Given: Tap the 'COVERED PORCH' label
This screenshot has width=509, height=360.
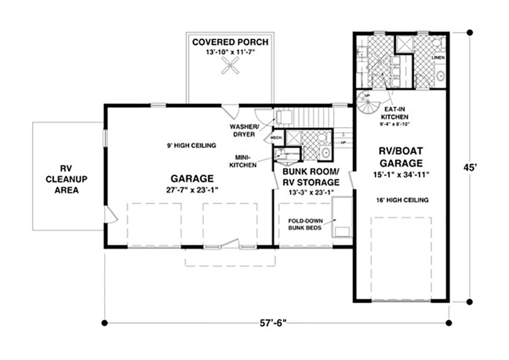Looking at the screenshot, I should click(230, 42).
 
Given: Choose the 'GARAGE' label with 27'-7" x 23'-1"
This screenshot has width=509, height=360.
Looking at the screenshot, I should click(192, 179).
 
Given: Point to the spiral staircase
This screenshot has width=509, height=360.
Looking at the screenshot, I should click(368, 103).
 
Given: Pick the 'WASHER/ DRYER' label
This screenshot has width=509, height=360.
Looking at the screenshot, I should click(243, 130).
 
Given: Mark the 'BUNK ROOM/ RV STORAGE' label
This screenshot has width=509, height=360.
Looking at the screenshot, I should click(311, 176).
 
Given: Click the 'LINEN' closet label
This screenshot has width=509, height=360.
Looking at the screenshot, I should click(438, 58).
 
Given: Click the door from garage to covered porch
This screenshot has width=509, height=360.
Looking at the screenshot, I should click(230, 111).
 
